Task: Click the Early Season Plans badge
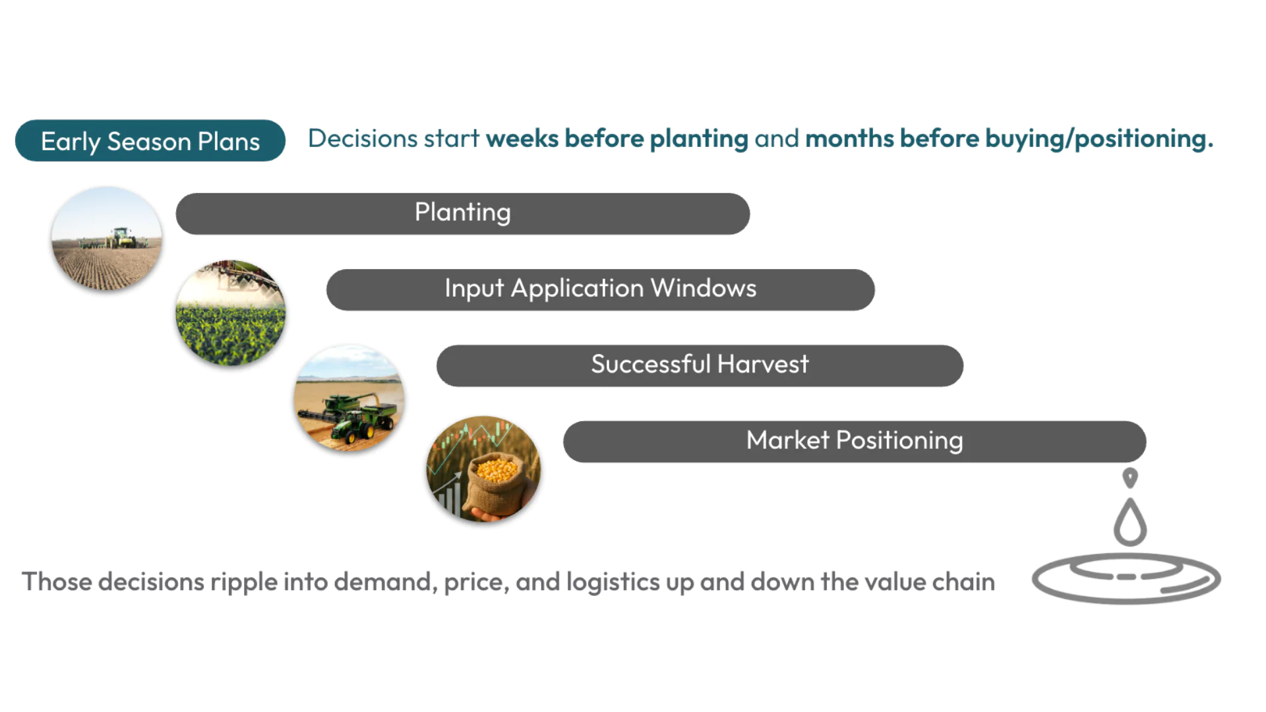(150, 140)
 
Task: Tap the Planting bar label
(462, 212)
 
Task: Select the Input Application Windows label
(600, 289)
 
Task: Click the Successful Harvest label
(700, 365)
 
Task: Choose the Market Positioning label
(855, 440)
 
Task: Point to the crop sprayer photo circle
(231, 313)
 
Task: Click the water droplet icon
(1130, 523)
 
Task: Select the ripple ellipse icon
(1126, 578)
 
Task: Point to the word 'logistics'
(613, 582)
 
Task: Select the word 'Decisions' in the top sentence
(363, 139)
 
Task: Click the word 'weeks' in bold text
(522, 139)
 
